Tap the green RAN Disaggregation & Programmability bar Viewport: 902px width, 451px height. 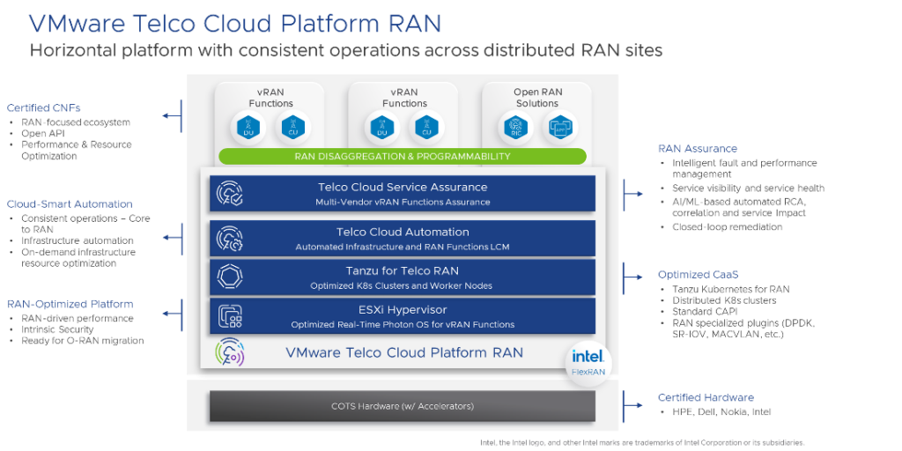point(403,156)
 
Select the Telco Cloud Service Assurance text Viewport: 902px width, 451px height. point(403,187)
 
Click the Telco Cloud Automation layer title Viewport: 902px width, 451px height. point(403,233)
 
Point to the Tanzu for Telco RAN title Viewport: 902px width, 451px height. point(403,270)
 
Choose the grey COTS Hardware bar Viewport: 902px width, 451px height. point(403,406)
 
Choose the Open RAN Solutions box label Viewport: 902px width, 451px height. point(536,98)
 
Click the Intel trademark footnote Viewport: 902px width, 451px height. point(642,441)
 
